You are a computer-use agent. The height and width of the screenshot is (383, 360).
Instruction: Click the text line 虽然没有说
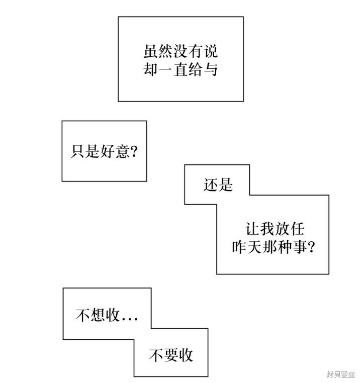coord(181,52)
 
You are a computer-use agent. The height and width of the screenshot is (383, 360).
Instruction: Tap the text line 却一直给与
coord(181,69)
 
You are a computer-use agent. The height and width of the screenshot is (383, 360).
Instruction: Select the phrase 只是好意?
coord(104,151)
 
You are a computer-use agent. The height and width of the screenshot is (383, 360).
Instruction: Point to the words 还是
coord(218,184)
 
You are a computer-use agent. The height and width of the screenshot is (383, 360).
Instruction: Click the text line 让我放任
coord(275,229)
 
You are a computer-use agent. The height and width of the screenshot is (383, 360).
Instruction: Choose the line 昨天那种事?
coord(273,247)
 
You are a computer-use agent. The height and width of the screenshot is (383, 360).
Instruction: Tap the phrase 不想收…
coord(107,315)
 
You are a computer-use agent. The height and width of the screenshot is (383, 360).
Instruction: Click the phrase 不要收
coord(171,355)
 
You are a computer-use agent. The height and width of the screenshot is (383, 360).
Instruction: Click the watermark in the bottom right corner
coord(341,374)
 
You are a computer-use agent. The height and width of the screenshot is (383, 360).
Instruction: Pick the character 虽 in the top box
coord(150,52)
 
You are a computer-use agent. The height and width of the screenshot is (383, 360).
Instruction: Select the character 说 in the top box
coord(211,52)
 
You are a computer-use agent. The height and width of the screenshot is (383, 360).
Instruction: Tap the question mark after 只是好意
coord(134,151)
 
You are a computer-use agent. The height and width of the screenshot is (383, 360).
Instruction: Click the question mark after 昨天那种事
coord(311,247)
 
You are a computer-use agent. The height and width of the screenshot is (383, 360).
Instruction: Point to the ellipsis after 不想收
coord(130,319)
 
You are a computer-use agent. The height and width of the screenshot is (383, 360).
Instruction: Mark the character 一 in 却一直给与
coord(165,70)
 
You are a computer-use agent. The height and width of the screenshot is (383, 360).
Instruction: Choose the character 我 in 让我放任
coord(267,229)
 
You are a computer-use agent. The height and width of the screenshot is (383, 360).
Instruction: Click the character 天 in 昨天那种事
coord(254,247)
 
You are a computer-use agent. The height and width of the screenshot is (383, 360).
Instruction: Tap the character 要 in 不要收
coord(171,355)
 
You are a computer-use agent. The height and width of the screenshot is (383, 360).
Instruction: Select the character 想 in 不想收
coord(98,315)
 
